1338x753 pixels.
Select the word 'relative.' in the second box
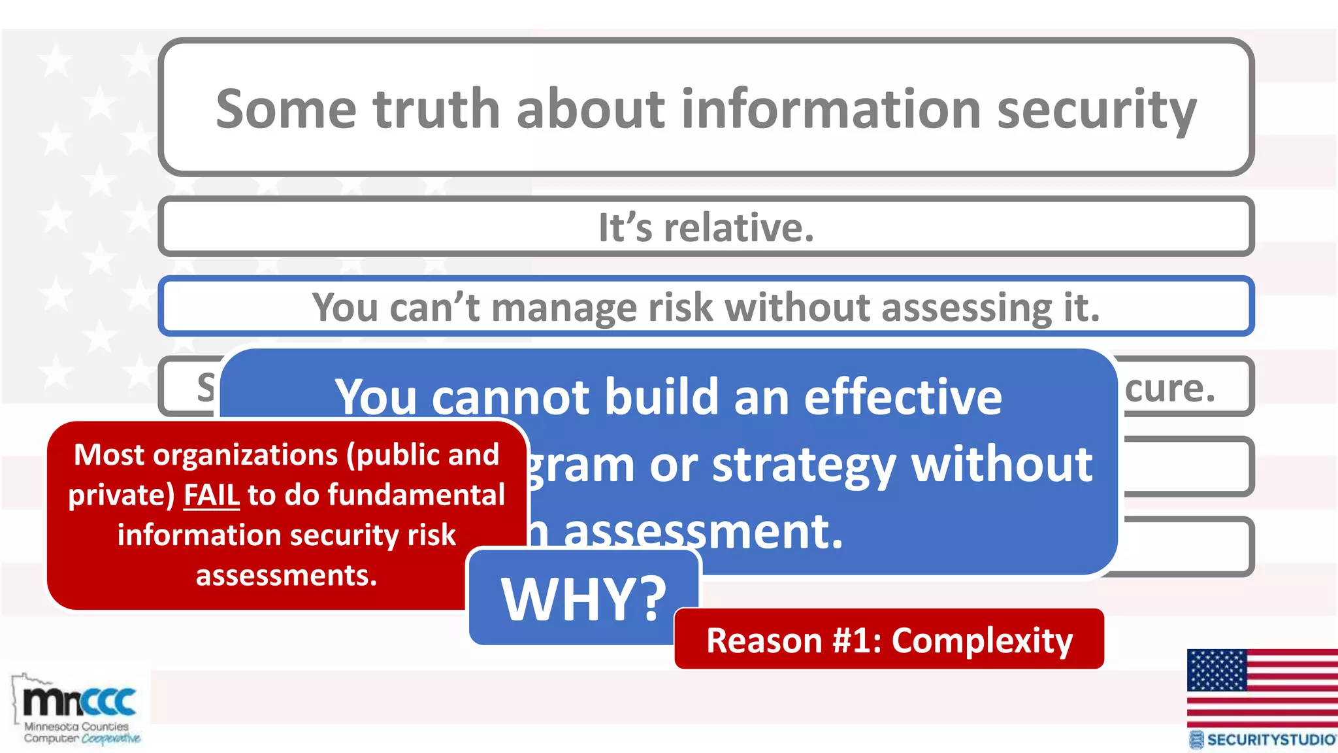738,227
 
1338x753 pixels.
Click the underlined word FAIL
212,495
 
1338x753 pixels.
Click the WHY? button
583,598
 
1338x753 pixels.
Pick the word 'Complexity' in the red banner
982,640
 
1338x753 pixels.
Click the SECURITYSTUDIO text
1271,739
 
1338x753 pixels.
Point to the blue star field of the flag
1216,670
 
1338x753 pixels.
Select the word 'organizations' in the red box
244,455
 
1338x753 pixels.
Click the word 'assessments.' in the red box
286,575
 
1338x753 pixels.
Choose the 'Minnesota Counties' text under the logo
76,726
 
